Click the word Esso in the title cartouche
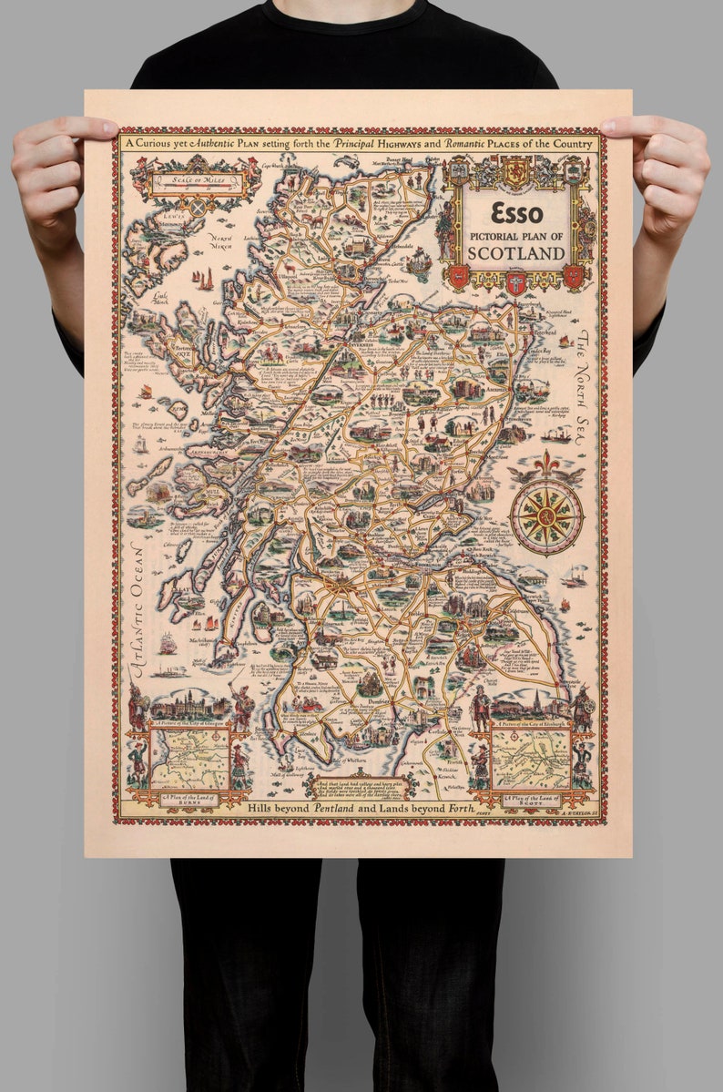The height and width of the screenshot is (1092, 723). pos(516,212)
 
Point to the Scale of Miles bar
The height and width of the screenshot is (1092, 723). pos(199,179)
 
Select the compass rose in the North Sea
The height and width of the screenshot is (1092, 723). pos(546,515)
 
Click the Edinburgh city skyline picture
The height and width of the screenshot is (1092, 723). pos(530,704)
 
